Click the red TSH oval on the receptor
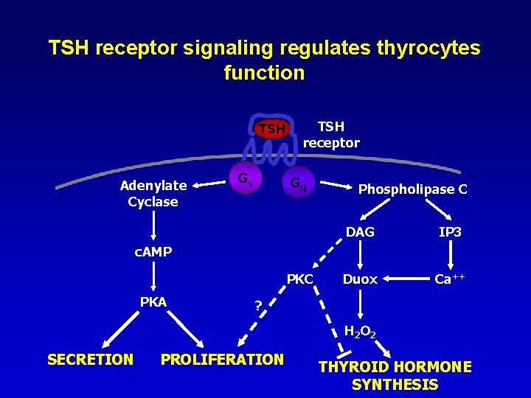point(271,129)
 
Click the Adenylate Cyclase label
point(153,194)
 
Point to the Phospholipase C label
point(412,189)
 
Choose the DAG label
point(360,232)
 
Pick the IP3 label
point(450,232)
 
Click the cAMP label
point(153,252)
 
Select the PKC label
point(300,279)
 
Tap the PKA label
point(153,301)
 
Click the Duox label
point(360,279)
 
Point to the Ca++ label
point(449,279)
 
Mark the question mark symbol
point(257,305)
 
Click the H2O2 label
point(360,332)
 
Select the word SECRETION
point(90,359)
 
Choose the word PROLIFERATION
point(222,359)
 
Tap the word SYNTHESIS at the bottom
point(395,384)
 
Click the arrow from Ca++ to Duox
point(407,279)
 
